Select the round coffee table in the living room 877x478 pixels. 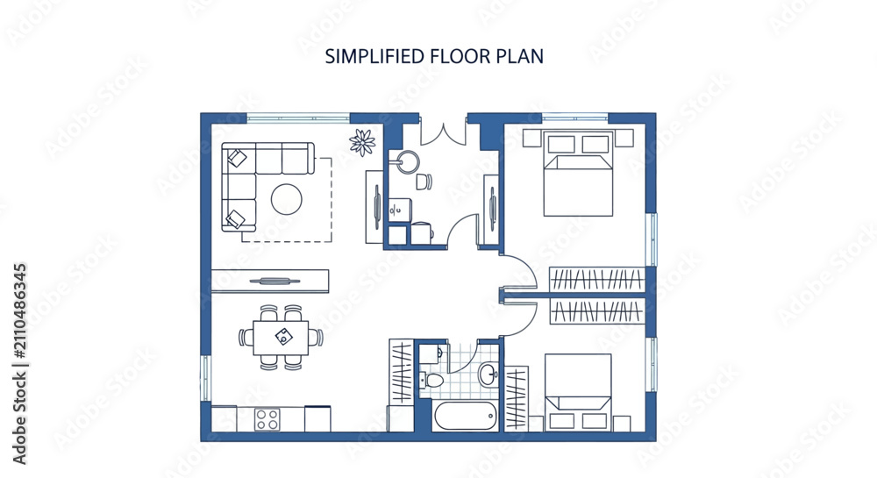tap(287, 200)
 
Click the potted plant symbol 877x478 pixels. tap(362, 142)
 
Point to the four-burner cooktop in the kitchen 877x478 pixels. tap(267, 419)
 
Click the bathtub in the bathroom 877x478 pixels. tap(466, 416)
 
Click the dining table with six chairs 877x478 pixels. tap(281, 337)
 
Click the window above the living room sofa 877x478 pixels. tap(299, 118)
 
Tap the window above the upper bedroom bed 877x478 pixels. tap(575, 118)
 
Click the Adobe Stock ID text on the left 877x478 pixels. tap(19, 364)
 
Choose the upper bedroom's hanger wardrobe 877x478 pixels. tap(596, 279)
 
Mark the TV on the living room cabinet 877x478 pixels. tap(271, 281)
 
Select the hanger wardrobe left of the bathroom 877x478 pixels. tap(402, 371)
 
